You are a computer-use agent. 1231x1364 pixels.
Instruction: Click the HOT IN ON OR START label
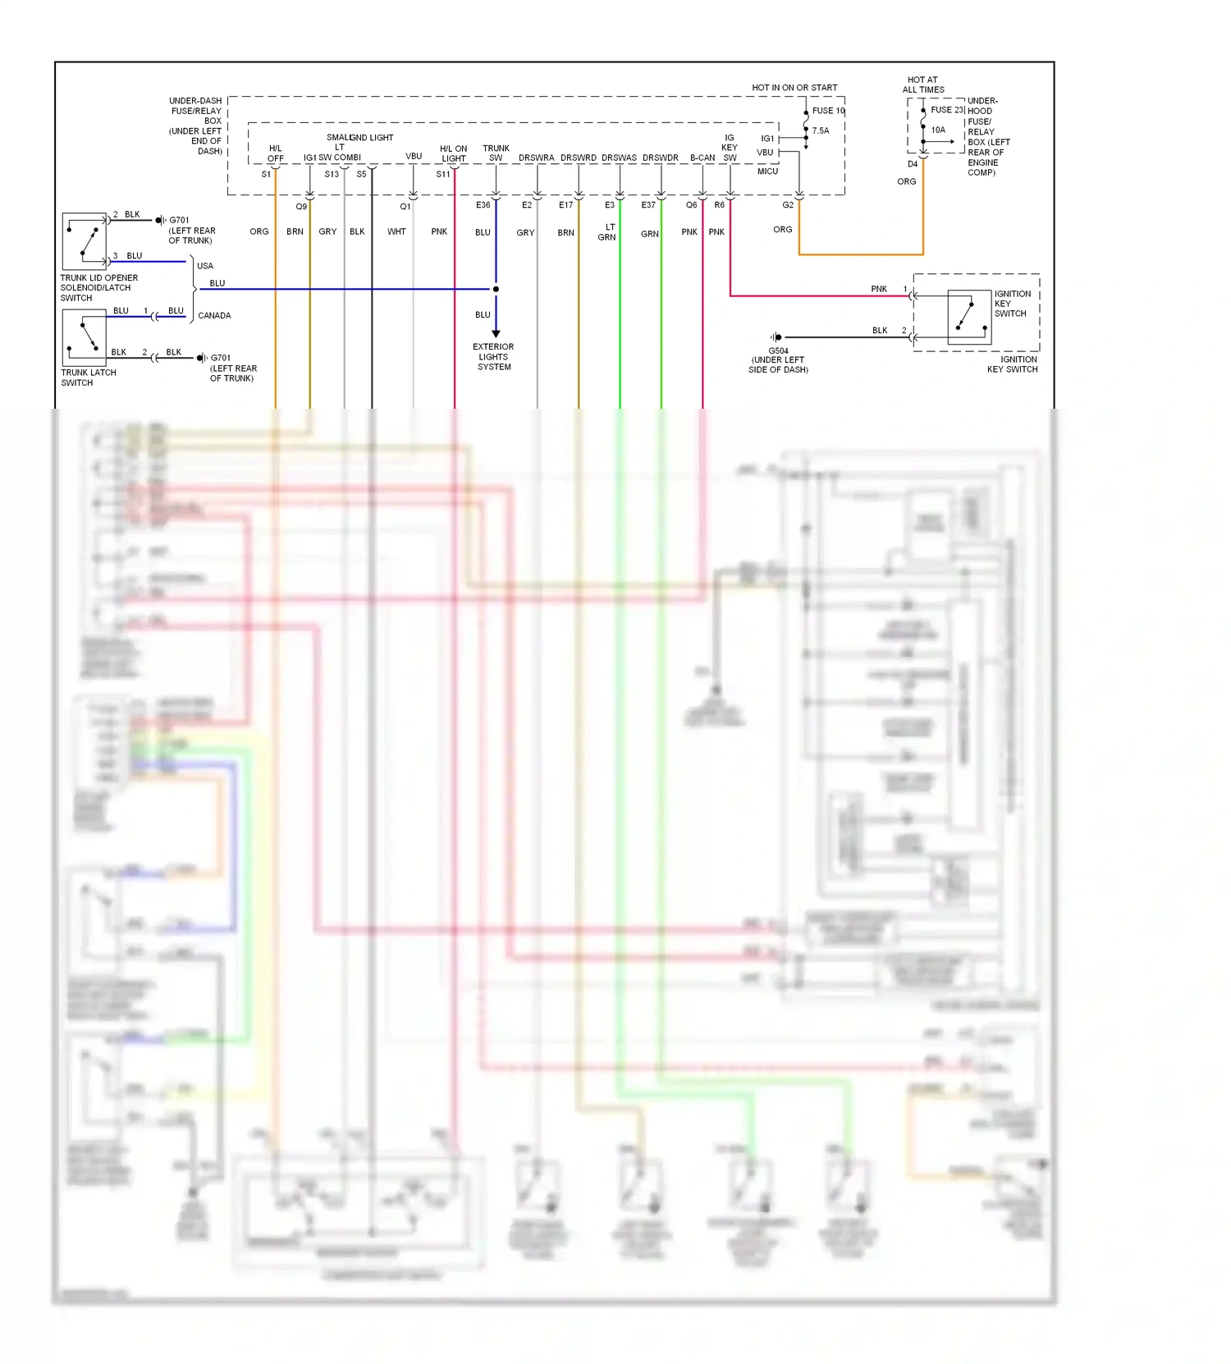click(794, 88)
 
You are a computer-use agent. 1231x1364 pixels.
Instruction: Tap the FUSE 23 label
click(946, 110)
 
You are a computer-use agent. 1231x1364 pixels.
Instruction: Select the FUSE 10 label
click(827, 111)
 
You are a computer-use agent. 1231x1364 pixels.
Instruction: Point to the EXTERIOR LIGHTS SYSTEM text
click(493, 357)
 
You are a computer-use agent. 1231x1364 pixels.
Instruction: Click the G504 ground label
click(778, 351)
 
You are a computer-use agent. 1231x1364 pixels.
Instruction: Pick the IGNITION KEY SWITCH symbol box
click(969, 316)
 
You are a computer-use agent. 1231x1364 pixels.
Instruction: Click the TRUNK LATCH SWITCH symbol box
click(85, 338)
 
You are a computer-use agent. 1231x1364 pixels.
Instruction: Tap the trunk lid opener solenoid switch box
click(85, 241)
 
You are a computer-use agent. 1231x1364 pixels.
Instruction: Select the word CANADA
click(214, 316)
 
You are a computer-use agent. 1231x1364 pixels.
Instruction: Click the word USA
click(205, 266)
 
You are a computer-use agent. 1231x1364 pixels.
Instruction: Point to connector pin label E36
click(483, 205)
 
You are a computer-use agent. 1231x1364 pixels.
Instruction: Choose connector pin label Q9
click(301, 207)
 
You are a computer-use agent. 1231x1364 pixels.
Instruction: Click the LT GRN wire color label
click(607, 232)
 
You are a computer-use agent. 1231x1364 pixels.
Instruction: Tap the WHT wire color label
click(396, 232)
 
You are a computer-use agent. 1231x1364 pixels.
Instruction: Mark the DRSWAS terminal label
click(619, 158)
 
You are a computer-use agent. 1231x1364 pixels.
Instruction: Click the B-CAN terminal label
click(702, 158)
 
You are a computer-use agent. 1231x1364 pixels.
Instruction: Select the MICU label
click(767, 172)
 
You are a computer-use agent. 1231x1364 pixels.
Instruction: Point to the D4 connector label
click(913, 164)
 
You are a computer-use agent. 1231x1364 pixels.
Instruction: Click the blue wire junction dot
click(496, 289)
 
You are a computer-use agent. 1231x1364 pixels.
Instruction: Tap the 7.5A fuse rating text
click(821, 130)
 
